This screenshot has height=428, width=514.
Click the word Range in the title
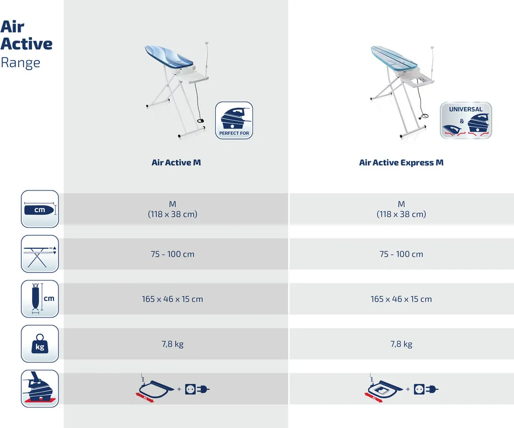(20, 63)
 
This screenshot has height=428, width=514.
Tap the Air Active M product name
(176, 163)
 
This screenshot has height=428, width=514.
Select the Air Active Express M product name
(401, 163)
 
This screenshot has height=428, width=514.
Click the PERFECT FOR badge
(234, 120)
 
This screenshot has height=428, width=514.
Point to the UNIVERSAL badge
(466, 120)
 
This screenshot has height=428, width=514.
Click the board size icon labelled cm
(40, 209)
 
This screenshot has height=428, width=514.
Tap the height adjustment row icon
(40, 254)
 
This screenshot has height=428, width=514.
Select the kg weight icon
(40, 343)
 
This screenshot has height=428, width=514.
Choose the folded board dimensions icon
(40, 299)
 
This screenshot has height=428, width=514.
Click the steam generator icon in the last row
(40, 389)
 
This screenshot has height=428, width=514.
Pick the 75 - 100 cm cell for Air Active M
(173, 254)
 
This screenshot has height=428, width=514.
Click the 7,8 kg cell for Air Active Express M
(401, 344)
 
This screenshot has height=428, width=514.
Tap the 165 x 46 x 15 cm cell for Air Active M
(173, 299)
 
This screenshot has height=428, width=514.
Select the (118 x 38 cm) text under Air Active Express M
(401, 214)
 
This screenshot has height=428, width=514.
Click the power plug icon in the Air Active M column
(203, 389)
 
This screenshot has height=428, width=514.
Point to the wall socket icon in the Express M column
(419, 389)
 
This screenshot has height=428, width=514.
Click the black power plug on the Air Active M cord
(201, 121)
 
